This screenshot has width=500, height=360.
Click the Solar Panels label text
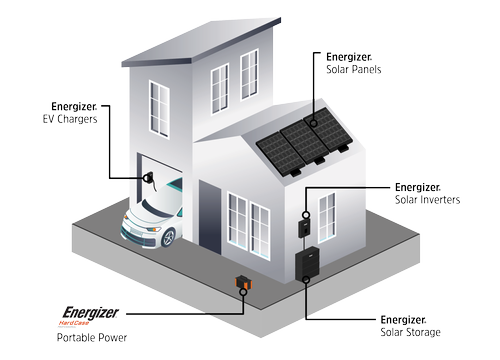tap(355, 69)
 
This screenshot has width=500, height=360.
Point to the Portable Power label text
tap(94, 338)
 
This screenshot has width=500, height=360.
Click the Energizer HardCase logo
tap(93, 317)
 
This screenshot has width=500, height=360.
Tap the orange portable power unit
tap(241, 284)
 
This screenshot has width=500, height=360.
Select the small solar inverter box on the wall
tap(304, 229)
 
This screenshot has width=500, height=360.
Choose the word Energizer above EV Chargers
tap(74, 106)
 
